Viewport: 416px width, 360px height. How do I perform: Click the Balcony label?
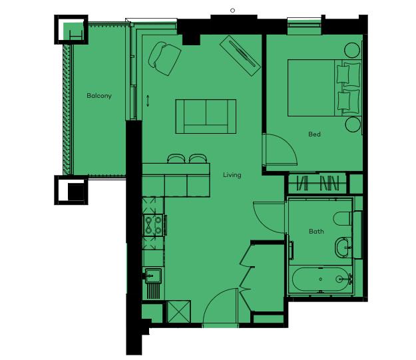[99, 96]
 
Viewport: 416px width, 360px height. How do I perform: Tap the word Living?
[232, 175]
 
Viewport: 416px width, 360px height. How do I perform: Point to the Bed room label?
[314, 134]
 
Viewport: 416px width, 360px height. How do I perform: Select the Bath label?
[316, 232]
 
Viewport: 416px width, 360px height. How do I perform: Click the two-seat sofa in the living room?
[206, 116]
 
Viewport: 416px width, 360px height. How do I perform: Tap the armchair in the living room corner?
[165, 58]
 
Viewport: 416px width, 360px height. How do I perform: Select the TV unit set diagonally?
[240, 56]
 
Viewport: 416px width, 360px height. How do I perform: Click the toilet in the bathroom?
[343, 219]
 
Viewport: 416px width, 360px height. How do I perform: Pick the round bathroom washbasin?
[343, 248]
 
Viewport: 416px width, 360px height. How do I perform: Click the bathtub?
[321, 279]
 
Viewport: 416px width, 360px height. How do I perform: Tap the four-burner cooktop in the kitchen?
[154, 225]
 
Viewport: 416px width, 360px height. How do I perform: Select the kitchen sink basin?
[153, 276]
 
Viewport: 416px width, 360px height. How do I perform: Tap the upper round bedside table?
[352, 51]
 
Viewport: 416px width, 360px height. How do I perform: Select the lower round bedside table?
[353, 124]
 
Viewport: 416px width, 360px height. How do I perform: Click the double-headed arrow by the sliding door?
[148, 100]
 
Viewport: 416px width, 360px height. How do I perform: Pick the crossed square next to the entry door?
[179, 311]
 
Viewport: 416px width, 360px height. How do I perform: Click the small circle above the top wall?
[233, 11]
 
